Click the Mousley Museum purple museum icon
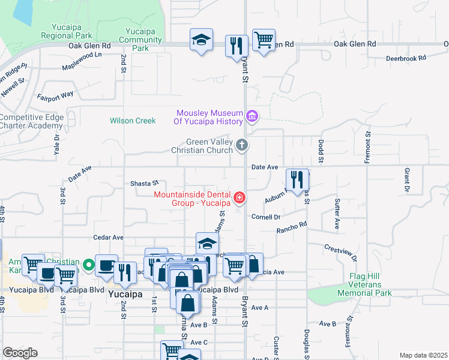point(252,115)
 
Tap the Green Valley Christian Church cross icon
point(242,145)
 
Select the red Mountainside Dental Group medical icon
point(240,197)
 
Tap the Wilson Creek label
point(133,121)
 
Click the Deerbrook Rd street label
point(405,58)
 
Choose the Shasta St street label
point(144,183)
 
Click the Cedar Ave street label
point(108,238)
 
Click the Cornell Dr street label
point(266,217)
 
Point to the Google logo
point(20,353)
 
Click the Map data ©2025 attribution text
point(423,355)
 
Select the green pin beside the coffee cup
point(89,263)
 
